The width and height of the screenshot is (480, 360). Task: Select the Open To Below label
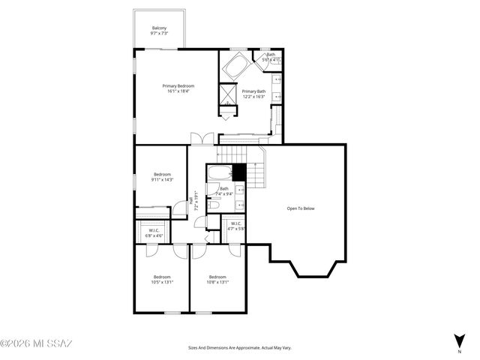(x=301, y=208)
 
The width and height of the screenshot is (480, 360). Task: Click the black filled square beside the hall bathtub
(x=239, y=172)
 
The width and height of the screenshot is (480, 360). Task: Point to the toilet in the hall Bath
(x=212, y=202)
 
